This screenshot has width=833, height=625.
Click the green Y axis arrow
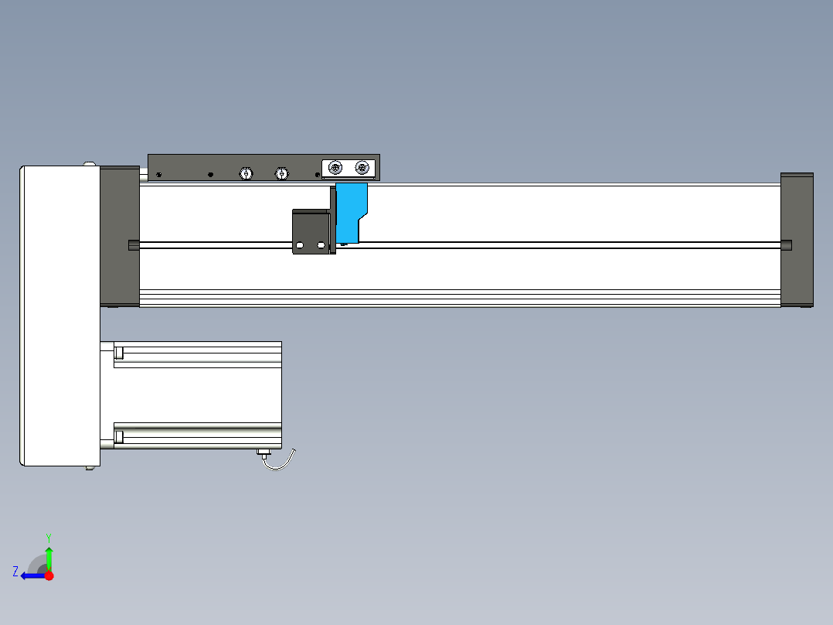point(49,556)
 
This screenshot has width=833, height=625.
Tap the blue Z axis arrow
point(31,575)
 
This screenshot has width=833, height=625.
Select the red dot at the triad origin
point(49,575)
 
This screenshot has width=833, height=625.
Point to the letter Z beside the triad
point(15,572)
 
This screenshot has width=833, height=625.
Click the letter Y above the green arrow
point(48,537)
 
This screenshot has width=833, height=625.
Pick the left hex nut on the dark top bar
point(246,173)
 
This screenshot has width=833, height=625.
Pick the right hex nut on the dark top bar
point(281,173)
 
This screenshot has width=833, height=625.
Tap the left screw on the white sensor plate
point(335,168)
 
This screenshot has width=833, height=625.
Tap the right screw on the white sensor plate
point(362,168)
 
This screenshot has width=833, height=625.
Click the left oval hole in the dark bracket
point(300,245)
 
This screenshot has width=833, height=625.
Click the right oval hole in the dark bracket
point(321,245)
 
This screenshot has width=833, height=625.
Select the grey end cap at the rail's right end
point(797,240)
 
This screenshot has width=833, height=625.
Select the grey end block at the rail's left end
point(119,236)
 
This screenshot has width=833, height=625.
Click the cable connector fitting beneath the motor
point(263,453)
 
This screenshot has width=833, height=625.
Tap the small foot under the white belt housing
point(92,467)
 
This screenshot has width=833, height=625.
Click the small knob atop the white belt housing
point(90,163)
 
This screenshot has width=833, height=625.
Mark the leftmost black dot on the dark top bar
point(159,175)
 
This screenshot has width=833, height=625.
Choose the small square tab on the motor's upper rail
point(119,353)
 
